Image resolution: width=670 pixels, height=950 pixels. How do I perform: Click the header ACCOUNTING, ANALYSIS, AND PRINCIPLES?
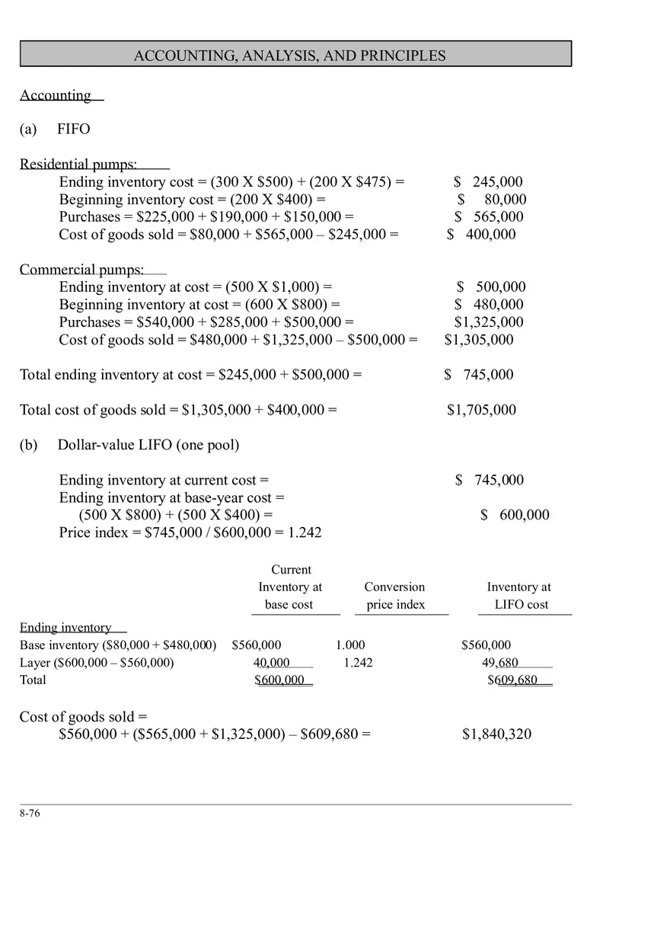[289, 56]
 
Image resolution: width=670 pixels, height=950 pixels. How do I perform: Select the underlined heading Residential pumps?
[78, 165]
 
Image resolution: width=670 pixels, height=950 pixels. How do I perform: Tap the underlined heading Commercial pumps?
[81, 270]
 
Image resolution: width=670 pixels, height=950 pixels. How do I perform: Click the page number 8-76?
[30, 813]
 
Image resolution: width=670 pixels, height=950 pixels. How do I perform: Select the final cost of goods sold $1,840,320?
[496, 734]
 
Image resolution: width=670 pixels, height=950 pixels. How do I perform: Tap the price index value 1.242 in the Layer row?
[358, 663]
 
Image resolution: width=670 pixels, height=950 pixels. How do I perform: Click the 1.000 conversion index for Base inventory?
[350, 645]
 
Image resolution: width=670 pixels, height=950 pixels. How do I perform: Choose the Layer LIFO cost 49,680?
[499, 663]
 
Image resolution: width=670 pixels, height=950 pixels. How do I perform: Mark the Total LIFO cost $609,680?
[512, 680]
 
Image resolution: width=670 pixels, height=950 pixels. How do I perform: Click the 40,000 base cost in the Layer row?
[272, 663]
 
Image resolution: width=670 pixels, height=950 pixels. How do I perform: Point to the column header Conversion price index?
[394, 596]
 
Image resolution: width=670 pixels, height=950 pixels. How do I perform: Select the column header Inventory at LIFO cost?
[519, 596]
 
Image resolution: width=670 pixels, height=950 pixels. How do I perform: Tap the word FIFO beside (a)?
[73, 130]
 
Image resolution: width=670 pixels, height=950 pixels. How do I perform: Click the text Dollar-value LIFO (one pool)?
[148, 445]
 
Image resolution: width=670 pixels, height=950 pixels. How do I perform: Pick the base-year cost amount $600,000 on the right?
[515, 515]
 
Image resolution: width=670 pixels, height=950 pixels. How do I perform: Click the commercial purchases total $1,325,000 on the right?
[489, 322]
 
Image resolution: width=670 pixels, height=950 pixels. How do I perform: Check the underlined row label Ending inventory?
[65, 628]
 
